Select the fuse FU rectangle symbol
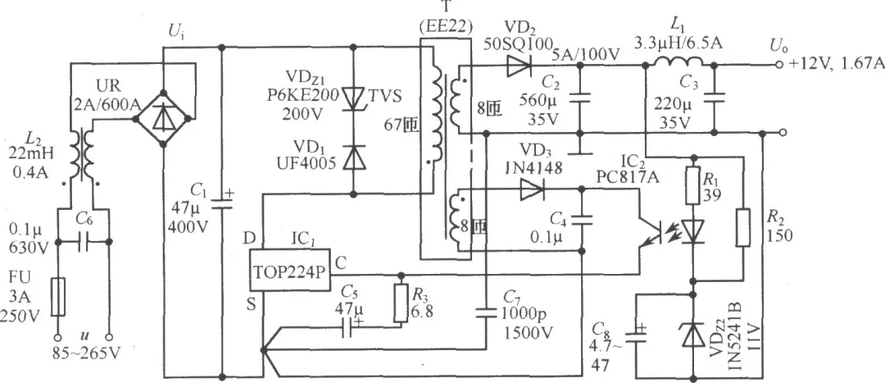click(58, 295)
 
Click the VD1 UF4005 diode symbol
click(353, 156)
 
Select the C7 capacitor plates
click(486, 308)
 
